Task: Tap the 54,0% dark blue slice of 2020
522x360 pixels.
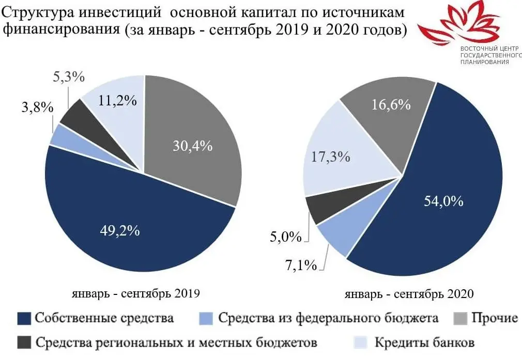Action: coord(439,196)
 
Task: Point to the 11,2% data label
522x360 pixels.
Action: coord(117,101)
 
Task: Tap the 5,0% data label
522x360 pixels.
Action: coord(285,237)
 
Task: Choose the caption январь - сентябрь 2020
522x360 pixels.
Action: coord(409,294)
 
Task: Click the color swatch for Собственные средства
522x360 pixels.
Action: coord(24,318)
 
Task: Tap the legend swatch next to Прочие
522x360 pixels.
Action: coord(460,318)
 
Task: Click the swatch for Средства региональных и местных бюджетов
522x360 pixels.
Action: coord(24,342)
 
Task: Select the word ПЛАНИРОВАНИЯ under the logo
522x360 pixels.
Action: coord(485,61)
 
